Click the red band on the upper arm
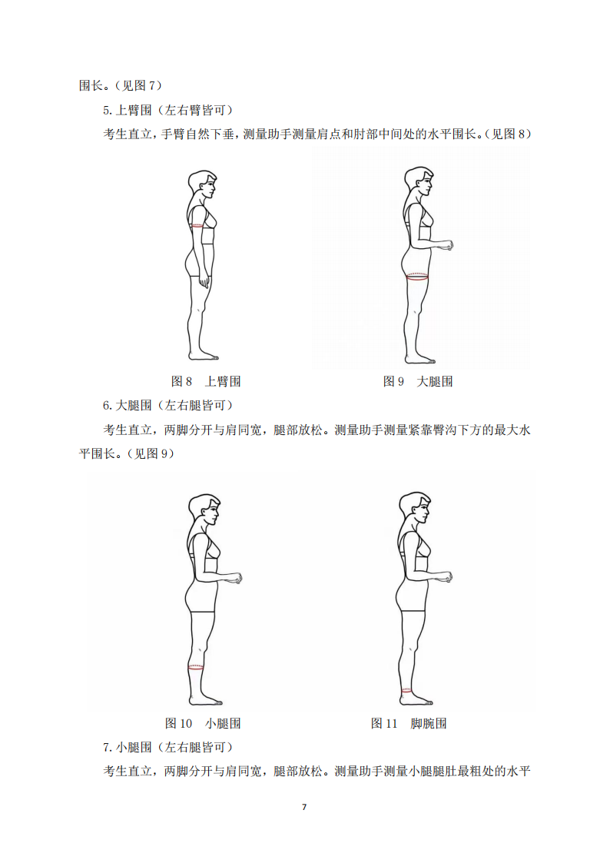click(x=196, y=226)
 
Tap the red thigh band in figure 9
click(x=417, y=277)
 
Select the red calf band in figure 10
click(x=196, y=668)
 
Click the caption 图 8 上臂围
click(x=206, y=381)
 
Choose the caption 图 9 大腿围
click(x=418, y=381)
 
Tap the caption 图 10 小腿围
click(x=203, y=723)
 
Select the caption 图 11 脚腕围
click(x=409, y=723)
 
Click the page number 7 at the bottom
click(x=304, y=807)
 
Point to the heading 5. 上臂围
click(x=127, y=110)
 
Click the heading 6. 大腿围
click(x=127, y=406)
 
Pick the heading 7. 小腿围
click(x=127, y=748)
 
